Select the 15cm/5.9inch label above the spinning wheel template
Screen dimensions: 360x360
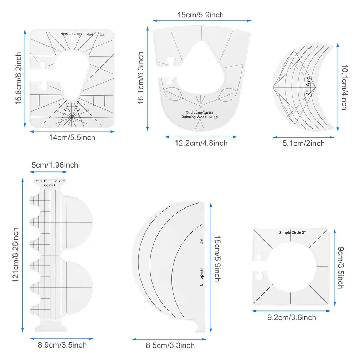201,15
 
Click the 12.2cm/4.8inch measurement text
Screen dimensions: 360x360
201,143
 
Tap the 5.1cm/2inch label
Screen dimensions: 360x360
304,143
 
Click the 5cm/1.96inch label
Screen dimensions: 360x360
55,165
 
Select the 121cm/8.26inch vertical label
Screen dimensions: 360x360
16,255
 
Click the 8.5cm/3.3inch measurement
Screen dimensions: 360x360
171,345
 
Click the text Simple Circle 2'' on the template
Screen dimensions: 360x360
293,232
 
